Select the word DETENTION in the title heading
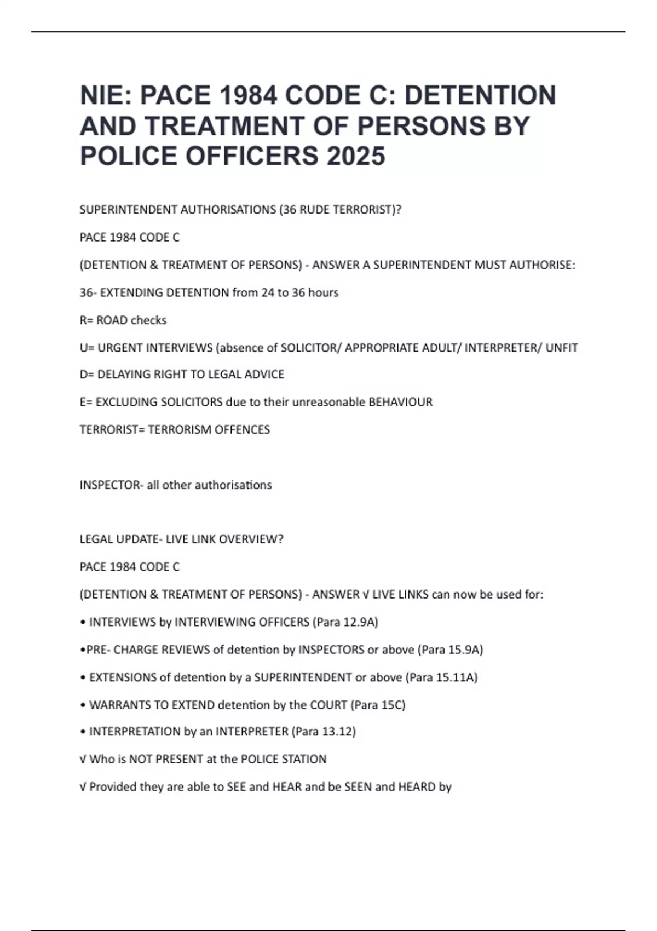pyautogui.click(x=480, y=95)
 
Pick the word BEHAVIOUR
pyautogui.click(x=400, y=402)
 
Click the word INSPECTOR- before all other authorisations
pyautogui.click(x=111, y=485)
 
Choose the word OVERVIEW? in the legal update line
pyautogui.click(x=251, y=539)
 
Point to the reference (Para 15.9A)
pyautogui.click(x=450, y=650)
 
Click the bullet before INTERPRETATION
pyautogui.click(x=83, y=732)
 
